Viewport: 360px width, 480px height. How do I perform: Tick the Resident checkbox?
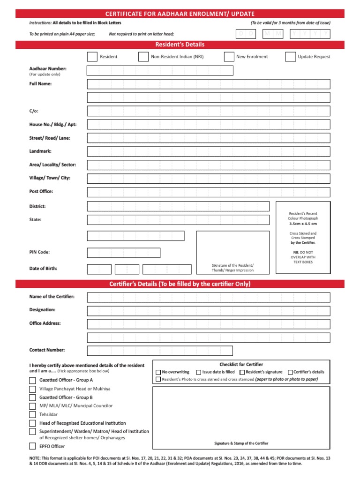tap(92, 57)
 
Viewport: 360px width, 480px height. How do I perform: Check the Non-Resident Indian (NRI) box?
tap(143, 57)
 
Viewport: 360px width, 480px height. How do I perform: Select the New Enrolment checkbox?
tap(229, 57)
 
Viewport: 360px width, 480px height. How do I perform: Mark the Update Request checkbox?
tap(290, 57)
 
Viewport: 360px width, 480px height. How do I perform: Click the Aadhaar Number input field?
tap(160, 71)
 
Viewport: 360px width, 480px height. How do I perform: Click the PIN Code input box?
tap(123, 253)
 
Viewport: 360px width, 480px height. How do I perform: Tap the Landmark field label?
tap(40, 151)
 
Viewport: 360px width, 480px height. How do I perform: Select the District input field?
tap(178, 206)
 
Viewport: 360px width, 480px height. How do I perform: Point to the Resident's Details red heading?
tap(180, 45)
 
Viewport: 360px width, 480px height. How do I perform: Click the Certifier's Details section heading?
tap(180, 284)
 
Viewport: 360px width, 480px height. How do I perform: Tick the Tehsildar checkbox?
tap(32, 414)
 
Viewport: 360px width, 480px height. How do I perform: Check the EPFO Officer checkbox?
tap(32, 446)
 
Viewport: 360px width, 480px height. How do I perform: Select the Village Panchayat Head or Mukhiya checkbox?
tap(32, 389)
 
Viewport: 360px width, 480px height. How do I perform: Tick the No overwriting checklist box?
tap(158, 372)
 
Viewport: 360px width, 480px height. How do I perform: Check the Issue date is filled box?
tap(199, 372)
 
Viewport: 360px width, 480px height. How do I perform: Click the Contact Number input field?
tap(160, 351)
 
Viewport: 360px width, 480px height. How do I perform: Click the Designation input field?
tap(208, 311)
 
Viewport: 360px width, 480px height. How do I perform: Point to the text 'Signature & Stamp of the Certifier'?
tap(241, 443)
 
